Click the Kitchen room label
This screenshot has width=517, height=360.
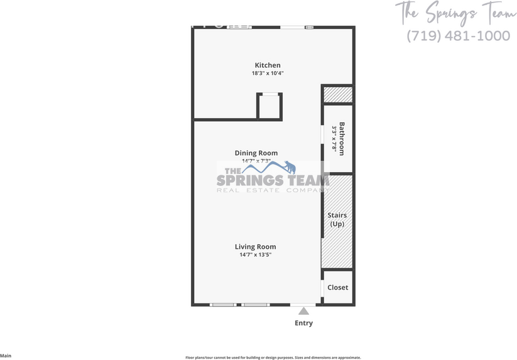[x=268, y=65]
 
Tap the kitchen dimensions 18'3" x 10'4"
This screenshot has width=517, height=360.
[x=268, y=74]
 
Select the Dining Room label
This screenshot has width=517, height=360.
[x=256, y=153]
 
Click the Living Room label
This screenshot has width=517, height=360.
[x=256, y=247]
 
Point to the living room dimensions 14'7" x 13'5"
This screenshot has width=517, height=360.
[x=256, y=254]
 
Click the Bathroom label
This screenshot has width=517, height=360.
[x=342, y=139]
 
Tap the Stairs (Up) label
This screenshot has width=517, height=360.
[x=337, y=220]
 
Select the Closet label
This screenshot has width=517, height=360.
[x=338, y=288]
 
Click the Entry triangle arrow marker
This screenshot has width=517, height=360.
[x=304, y=310]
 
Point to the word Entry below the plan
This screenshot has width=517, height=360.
[x=304, y=323]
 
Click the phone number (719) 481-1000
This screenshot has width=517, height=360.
[x=459, y=36]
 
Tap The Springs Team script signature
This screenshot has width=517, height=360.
[x=455, y=12]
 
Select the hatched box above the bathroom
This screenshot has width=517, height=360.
[x=337, y=94]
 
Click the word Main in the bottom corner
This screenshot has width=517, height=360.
[x=6, y=356]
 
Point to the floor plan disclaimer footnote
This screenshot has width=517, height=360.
[x=273, y=357]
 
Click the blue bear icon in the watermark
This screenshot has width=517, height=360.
[x=289, y=166]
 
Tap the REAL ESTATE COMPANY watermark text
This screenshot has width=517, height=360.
[x=273, y=190]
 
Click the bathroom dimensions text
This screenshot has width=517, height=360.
[x=334, y=139]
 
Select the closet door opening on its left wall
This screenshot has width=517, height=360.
[x=323, y=287]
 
